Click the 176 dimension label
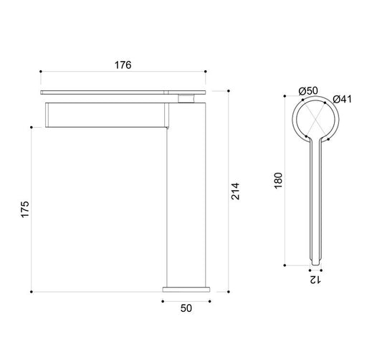tap(123, 65)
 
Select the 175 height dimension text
tap(25, 209)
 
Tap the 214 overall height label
tap(235, 191)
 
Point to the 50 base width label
tap(186, 308)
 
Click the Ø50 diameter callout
tap(308, 91)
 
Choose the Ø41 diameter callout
tap(343, 99)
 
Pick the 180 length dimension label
tap(278, 181)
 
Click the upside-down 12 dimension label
tap(315, 280)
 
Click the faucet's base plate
tap(186, 289)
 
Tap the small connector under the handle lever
tap(186, 98)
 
